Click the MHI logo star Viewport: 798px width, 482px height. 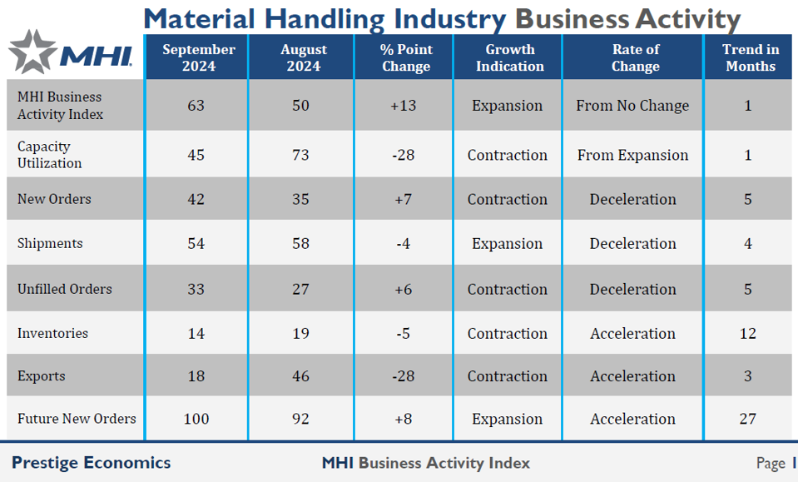click(x=31, y=51)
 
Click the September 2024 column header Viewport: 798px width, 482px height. click(x=198, y=57)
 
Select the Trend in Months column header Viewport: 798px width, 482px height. click(x=750, y=57)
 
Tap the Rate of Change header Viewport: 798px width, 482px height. click(x=635, y=57)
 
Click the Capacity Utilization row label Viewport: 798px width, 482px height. click(x=50, y=155)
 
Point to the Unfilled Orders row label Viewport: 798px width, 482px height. click(x=65, y=289)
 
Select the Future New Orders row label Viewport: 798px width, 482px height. click(x=77, y=419)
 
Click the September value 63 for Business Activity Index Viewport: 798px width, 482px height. click(x=197, y=106)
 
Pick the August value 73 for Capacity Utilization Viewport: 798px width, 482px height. click(x=301, y=155)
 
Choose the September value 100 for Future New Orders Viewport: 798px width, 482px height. click(x=196, y=420)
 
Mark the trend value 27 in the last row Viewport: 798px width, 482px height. click(x=748, y=420)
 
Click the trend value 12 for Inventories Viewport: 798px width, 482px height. click(x=747, y=334)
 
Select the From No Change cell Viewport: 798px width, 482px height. click(x=632, y=106)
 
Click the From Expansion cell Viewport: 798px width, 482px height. click(x=632, y=155)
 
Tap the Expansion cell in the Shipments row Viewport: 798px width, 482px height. click(x=507, y=244)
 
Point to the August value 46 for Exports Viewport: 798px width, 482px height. click(x=301, y=376)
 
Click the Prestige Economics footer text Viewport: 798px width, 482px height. click(x=92, y=463)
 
